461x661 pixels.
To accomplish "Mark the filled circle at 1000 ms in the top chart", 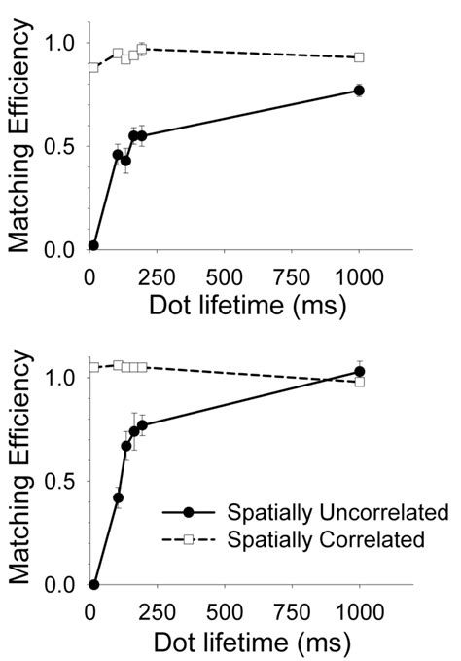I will (x=359, y=91).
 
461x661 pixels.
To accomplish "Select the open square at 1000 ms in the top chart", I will (x=359, y=57).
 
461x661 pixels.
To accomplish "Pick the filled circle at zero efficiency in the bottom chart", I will (x=94, y=585).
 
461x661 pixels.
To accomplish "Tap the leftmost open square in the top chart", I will (x=94, y=67).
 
